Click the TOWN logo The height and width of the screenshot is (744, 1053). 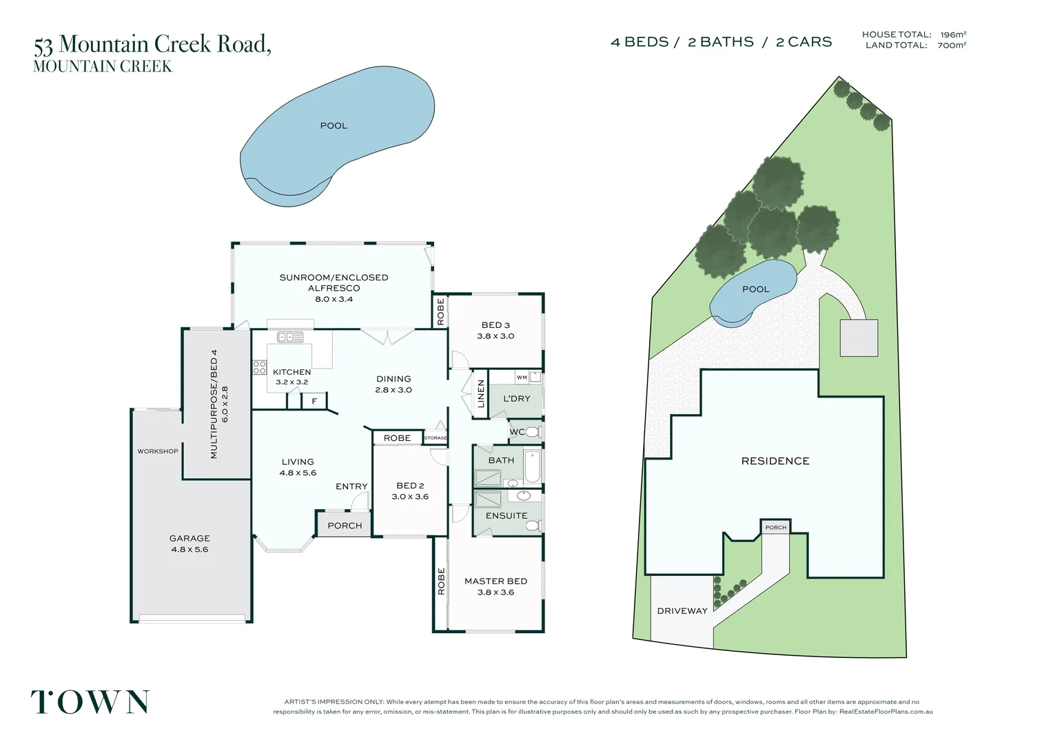[x=90, y=702]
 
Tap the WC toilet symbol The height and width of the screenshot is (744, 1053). [x=533, y=431]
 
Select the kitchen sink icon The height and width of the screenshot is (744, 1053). [x=290, y=337]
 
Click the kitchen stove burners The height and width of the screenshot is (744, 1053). [x=260, y=367]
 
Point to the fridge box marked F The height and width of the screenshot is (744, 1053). [x=314, y=401]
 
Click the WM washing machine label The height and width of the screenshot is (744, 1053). [x=522, y=377]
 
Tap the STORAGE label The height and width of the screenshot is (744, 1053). [x=436, y=437]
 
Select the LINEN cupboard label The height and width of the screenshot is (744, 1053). [x=480, y=394]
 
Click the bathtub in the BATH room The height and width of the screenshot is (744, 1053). [x=532, y=466]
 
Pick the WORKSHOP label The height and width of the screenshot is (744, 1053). [x=158, y=451]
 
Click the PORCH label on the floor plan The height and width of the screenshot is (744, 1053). [x=345, y=526]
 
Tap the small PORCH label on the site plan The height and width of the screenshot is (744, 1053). [x=776, y=527]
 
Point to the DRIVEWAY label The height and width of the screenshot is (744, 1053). [x=682, y=611]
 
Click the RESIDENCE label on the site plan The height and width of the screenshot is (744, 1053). [x=775, y=461]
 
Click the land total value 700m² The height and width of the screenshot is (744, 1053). [x=952, y=45]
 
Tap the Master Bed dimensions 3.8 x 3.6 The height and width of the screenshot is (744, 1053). [x=495, y=592]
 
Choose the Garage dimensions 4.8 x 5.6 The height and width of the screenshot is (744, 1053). [x=189, y=550]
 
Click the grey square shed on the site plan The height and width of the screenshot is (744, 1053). [x=859, y=338]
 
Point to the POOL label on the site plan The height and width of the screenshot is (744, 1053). [x=755, y=289]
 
